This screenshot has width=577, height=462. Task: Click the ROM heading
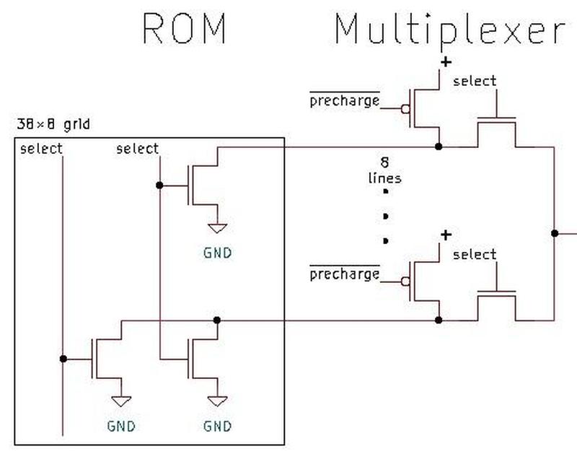coord(185,30)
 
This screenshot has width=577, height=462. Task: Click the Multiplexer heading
coord(449,31)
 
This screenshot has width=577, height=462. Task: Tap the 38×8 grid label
coord(53,124)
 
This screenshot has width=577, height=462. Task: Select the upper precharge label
coord(344,101)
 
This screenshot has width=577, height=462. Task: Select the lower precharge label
coord(344,274)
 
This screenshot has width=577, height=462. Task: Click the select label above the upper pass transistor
coord(475,81)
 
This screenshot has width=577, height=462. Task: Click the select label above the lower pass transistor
coord(475,254)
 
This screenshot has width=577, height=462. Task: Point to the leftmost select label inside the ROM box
coord(42,149)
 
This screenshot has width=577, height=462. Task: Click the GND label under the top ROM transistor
coord(217,253)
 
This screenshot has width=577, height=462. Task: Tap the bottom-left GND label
coord(121,426)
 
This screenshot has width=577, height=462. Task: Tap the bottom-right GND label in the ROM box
coord(217,426)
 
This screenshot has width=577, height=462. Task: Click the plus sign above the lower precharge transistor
coord(446,235)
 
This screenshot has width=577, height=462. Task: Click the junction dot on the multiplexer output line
coord(554,233)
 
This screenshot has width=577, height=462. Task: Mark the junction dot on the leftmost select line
coord(63,358)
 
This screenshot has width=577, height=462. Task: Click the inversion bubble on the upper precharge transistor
coord(406,109)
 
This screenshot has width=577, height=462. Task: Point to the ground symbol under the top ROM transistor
coord(217,228)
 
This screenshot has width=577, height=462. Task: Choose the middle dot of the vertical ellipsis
coord(387,216)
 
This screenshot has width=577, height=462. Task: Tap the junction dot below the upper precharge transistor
coord(439,147)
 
